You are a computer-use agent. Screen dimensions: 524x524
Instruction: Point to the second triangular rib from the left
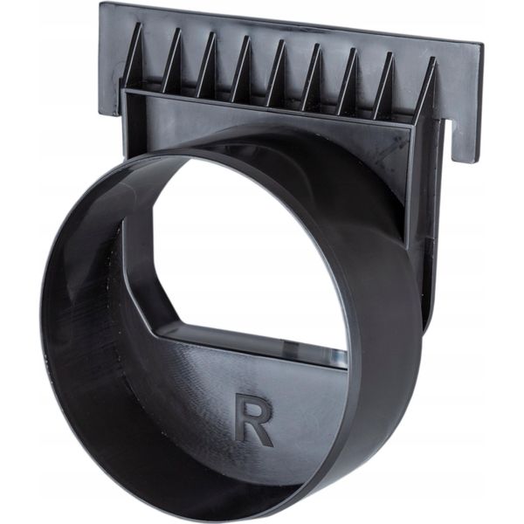tap(171, 61)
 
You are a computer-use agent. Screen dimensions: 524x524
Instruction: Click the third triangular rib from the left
tap(206, 65)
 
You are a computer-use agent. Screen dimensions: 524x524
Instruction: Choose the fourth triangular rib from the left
tap(241, 69)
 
